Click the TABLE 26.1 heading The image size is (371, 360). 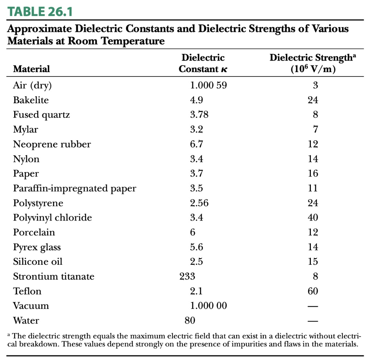point(40,12)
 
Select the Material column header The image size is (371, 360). point(32,69)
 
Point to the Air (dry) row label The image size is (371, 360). point(32,85)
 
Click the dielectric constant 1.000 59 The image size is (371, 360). point(208,85)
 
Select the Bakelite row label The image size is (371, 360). point(31,100)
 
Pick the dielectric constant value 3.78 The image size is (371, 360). point(199,115)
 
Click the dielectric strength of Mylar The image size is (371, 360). point(315,130)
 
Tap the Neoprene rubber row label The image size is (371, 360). point(52,144)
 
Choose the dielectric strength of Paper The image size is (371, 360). point(313,173)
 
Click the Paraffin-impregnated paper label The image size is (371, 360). point(75,188)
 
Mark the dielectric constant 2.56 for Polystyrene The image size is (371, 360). point(199,203)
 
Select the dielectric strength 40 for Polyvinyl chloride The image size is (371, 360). point(313,218)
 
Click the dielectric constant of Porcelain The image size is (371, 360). point(193,233)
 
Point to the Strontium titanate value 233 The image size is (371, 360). point(187,276)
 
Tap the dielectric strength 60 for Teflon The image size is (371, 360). point(313,291)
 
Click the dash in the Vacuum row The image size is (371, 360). point(313,306)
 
